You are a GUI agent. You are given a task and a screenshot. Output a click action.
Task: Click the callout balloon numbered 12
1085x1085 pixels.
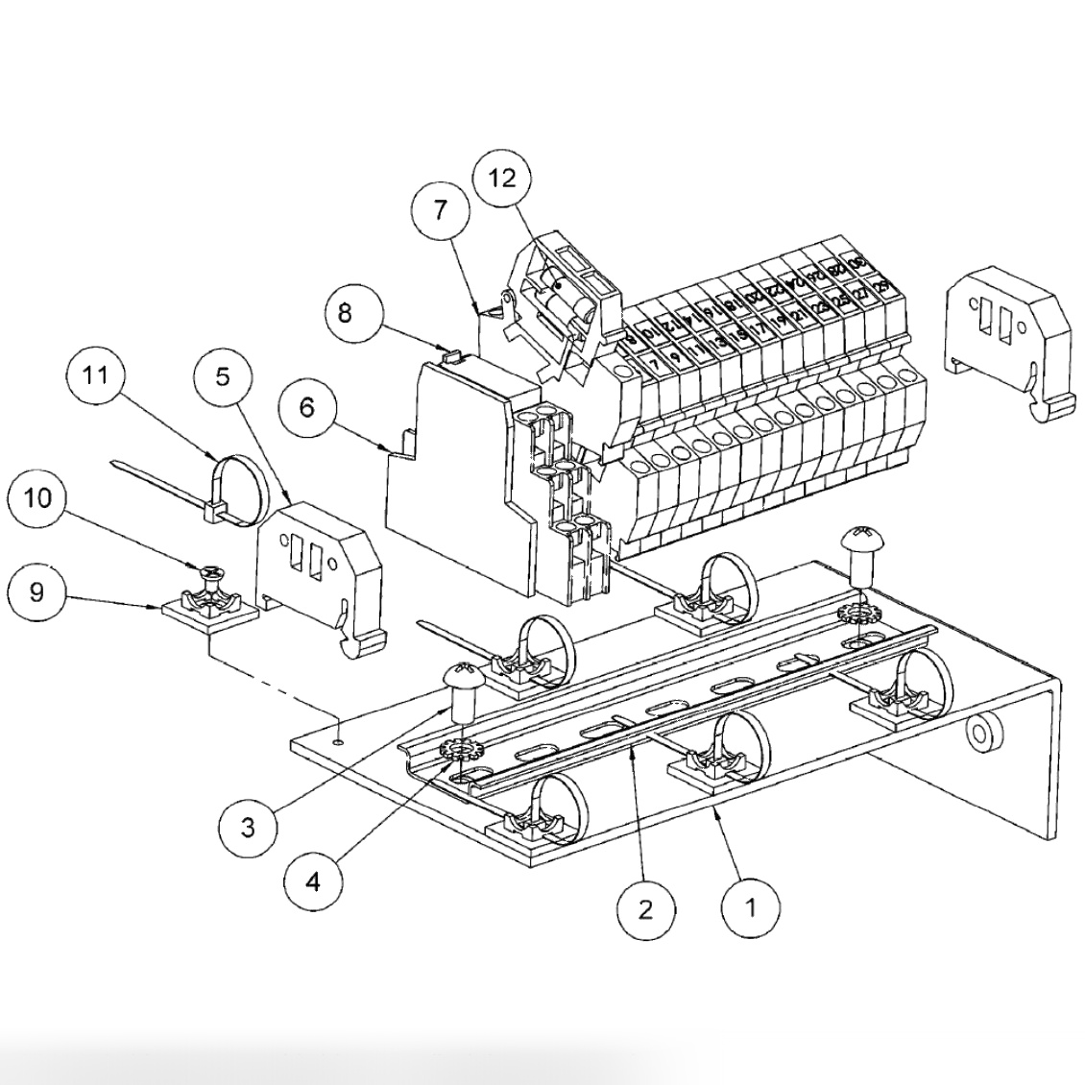[502, 178]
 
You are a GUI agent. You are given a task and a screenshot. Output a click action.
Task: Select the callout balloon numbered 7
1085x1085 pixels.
[441, 209]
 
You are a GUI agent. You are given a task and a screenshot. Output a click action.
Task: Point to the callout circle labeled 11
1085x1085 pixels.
[96, 374]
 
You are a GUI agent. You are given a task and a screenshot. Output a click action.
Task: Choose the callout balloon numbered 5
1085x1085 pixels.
[223, 376]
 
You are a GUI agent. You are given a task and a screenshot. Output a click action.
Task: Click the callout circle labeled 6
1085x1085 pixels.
[307, 408]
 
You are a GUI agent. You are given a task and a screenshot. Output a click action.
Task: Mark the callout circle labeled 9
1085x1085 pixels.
[36, 591]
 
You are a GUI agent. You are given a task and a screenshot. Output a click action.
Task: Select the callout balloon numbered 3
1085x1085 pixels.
[248, 827]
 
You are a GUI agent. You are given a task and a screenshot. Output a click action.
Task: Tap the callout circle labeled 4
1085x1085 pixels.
[315, 880]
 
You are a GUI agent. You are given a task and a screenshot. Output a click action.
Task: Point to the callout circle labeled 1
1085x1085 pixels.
[751, 905]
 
